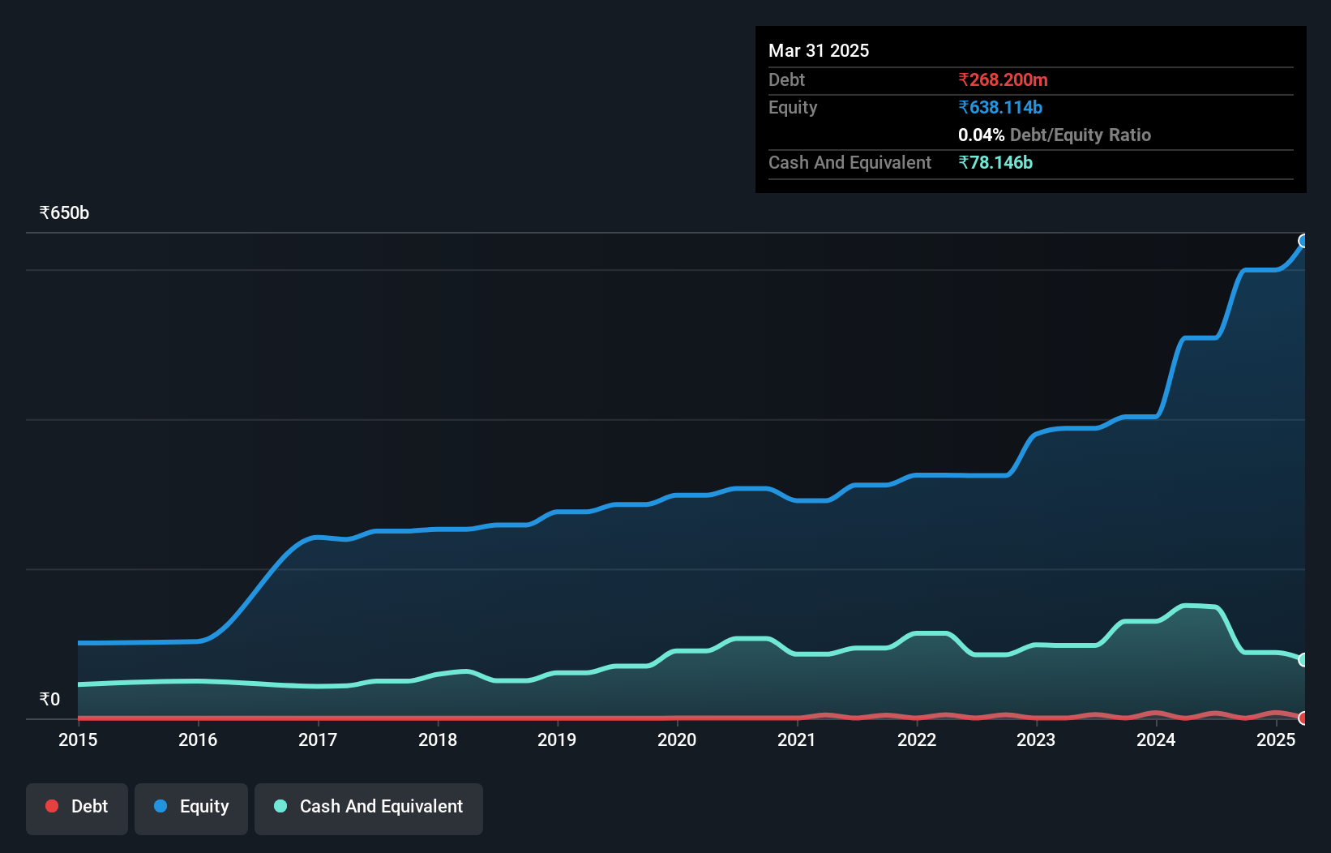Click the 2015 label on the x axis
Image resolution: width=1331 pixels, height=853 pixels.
(x=78, y=739)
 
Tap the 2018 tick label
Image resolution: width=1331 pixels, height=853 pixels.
(x=438, y=739)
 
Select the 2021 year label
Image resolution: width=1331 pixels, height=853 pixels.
(x=797, y=739)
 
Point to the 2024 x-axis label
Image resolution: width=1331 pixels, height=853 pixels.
(x=1156, y=739)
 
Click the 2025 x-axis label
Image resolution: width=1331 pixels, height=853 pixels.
(x=1276, y=739)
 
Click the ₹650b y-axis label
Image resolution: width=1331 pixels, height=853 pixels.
(x=64, y=213)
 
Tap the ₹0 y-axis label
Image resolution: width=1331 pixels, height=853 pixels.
(x=49, y=699)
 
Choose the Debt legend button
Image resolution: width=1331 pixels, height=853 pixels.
(x=77, y=807)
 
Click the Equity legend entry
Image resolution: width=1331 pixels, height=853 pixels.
(x=191, y=807)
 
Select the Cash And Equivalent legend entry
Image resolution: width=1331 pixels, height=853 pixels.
(x=369, y=807)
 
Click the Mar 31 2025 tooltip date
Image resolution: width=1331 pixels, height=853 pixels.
(x=819, y=50)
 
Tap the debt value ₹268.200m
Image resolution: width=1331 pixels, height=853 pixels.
(x=1003, y=79)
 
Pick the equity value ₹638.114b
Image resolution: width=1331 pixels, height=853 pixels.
(x=1000, y=107)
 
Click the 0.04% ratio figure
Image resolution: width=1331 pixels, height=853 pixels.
(x=981, y=135)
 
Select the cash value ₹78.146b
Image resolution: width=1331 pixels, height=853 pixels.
(x=995, y=162)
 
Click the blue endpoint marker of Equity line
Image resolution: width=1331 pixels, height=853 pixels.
(x=1303, y=241)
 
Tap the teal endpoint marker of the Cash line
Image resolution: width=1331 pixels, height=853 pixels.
(x=1303, y=660)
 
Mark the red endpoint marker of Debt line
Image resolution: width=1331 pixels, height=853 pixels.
(x=1303, y=718)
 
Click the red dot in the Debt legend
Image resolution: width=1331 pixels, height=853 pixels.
(x=52, y=806)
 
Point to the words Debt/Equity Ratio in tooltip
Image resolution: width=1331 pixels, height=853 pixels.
(x=1081, y=135)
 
